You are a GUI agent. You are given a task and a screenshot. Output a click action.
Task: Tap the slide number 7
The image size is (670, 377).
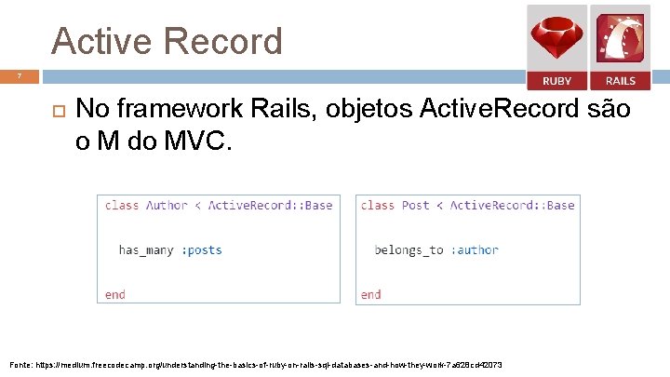tap(18, 74)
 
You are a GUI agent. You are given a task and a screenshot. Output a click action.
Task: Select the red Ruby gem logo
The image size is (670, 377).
tap(556, 38)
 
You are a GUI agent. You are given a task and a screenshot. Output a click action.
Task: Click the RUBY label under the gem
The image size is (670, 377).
tap(556, 81)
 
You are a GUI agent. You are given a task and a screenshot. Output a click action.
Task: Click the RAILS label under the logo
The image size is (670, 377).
tap(620, 81)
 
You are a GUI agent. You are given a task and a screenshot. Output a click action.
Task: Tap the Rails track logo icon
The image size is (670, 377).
tap(620, 38)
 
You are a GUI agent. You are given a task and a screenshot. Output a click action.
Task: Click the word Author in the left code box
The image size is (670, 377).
tap(167, 205)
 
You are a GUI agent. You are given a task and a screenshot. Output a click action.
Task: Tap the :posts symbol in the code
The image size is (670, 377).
tap(202, 249)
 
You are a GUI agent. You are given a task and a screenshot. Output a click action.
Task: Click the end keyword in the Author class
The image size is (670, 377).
tap(115, 294)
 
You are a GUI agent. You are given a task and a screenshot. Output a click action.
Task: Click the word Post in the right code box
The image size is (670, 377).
tap(414, 205)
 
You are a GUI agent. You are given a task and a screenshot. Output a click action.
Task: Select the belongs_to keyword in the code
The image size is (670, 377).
tap(409, 249)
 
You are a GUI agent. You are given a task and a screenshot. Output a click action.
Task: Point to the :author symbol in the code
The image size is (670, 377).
tap(475, 249)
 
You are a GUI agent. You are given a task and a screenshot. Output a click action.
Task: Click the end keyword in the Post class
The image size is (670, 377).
tap(370, 294)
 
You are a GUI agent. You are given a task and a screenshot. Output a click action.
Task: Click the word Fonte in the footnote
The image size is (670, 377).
tap(22, 365)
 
